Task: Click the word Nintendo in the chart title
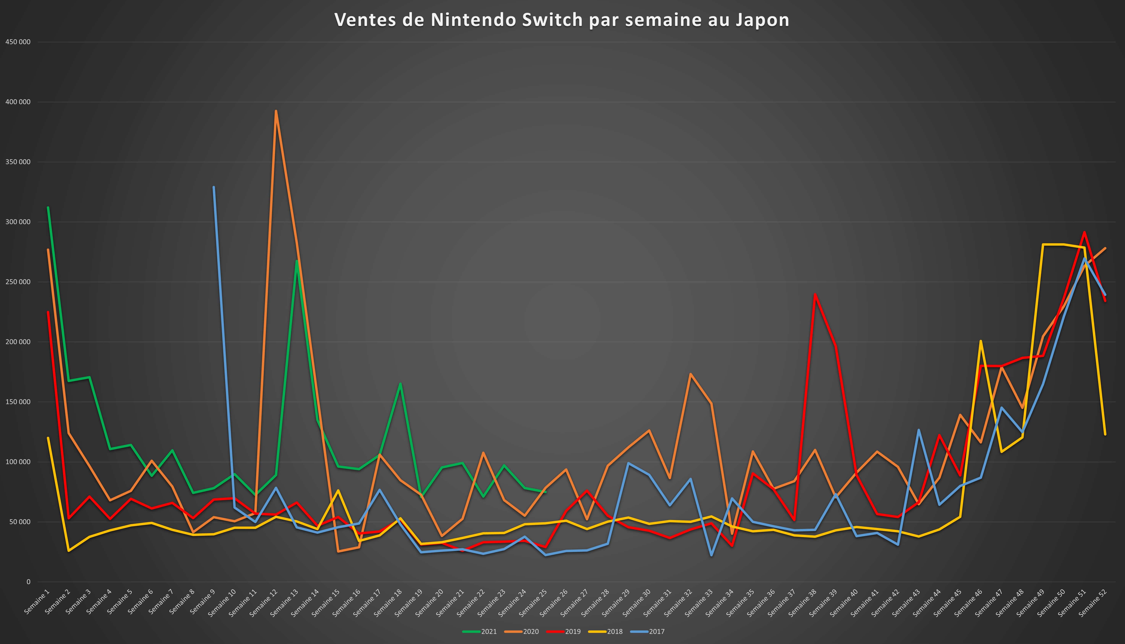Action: pyautogui.click(x=473, y=20)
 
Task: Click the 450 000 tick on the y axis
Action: pyautogui.click(x=18, y=42)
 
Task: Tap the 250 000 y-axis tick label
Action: pyautogui.click(x=18, y=282)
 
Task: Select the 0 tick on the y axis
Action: pyautogui.click(x=28, y=582)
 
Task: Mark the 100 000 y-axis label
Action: pyautogui.click(x=18, y=462)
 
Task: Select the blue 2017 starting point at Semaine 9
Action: pyautogui.click(x=214, y=187)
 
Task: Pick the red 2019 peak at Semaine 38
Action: pyautogui.click(x=815, y=294)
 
